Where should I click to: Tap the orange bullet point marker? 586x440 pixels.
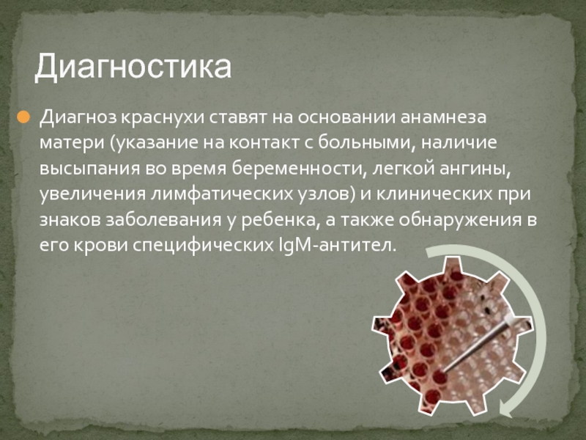pos(23,117)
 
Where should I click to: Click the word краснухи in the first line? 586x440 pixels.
pos(163,118)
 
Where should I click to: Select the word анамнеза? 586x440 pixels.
pos(443,117)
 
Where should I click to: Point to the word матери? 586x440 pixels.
pos(72,143)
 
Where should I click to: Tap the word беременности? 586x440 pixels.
pos(297,169)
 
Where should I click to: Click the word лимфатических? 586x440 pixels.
pos(220,194)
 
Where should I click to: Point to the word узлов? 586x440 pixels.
pos(324,194)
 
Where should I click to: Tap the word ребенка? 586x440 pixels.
pos(278,219)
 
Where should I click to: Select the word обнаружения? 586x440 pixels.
pos(460,219)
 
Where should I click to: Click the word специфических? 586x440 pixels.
pos(204,246)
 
